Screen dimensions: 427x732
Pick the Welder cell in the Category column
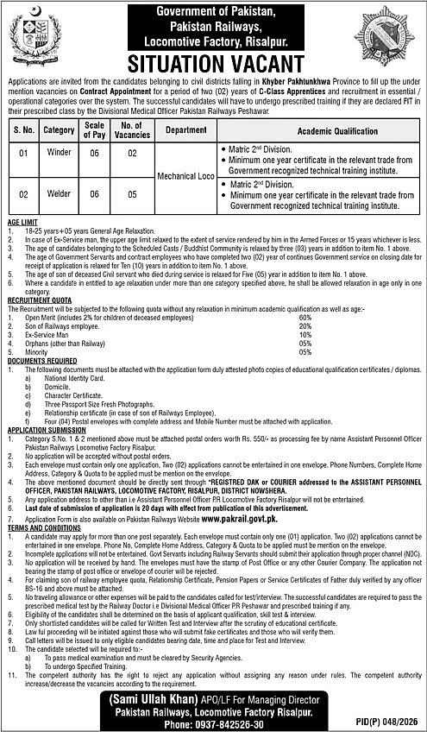tap(60, 194)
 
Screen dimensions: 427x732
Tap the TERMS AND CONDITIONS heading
tap(43, 528)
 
